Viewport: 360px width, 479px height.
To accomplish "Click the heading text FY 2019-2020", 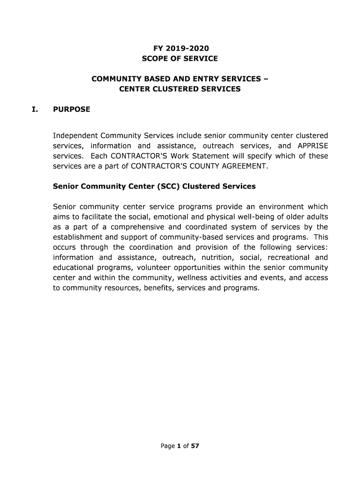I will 180,48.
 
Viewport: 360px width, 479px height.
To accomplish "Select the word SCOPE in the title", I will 154,58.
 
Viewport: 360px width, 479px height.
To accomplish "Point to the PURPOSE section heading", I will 72,110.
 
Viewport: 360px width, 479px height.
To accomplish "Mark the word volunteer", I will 152,268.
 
